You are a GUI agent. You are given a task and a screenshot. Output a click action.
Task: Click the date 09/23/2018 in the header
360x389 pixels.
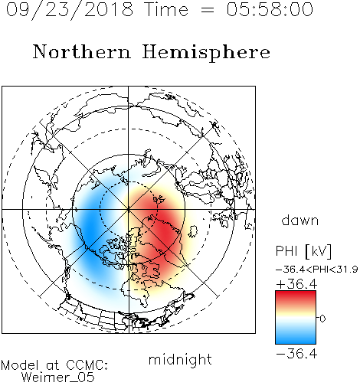click(70, 10)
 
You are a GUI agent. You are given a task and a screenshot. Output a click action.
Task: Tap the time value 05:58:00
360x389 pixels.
click(270, 9)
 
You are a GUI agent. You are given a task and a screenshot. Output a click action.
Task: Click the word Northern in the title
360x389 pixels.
click(81, 51)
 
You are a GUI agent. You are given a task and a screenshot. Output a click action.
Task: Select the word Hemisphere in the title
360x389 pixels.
click(206, 53)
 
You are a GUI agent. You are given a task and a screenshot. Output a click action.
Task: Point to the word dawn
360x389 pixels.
click(300, 220)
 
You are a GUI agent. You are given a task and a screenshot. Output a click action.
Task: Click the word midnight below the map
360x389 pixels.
click(180, 361)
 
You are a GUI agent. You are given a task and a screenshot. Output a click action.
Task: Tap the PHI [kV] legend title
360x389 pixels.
click(303, 251)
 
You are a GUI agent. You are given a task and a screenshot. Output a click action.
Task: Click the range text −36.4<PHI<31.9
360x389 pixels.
click(316, 270)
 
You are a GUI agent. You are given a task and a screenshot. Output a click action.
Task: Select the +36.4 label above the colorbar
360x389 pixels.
click(296, 283)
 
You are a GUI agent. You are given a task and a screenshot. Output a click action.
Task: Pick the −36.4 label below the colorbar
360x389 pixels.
click(296, 354)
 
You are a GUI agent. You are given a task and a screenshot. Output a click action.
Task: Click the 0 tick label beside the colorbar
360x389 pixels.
click(322, 319)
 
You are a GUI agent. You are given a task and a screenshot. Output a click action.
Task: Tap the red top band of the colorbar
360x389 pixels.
click(296, 296)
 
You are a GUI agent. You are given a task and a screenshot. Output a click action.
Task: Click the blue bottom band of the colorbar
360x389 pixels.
click(296, 338)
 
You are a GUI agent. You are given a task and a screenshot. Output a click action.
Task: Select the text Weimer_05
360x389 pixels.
click(58, 378)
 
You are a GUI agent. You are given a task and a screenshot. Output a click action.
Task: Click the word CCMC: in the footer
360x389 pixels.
click(87, 365)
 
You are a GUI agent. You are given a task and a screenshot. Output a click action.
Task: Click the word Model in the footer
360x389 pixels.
click(20, 365)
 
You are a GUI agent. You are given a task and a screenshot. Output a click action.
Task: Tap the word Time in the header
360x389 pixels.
click(166, 9)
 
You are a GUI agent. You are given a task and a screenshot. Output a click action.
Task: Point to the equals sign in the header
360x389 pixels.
click(208, 10)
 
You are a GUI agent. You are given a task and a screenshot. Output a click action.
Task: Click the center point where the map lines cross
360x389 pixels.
click(129, 209)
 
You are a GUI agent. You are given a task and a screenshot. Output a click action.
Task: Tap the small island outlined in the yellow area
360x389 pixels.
click(193, 231)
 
